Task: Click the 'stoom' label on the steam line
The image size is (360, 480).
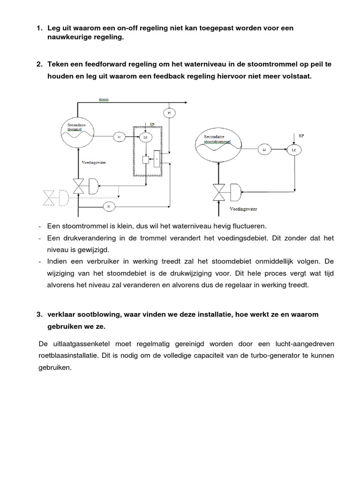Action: coord(104,100)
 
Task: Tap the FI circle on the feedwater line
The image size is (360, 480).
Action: coord(108,206)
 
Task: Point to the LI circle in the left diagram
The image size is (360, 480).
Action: coord(119,136)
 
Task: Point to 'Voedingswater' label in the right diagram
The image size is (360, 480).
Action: coord(244,208)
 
